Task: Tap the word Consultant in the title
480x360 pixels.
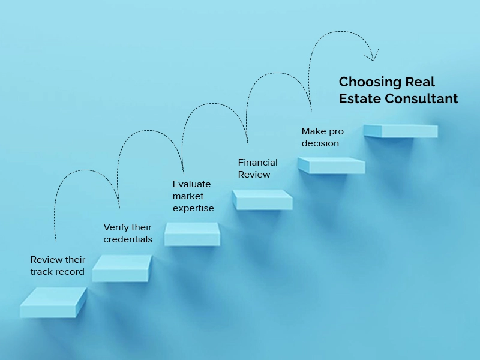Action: [421, 98]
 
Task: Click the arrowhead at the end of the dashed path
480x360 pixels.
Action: [372, 55]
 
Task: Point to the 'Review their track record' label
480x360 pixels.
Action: [58, 266]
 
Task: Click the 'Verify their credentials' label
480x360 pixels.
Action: [128, 233]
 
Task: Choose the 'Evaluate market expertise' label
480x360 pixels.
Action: [193, 196]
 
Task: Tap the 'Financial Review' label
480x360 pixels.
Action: [257, 169]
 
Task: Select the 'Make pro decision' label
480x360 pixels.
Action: [322, 137]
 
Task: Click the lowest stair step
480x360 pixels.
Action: [53, 302]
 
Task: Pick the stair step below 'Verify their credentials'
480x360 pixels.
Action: [122, 268]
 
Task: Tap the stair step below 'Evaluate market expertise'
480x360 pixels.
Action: [192, 234]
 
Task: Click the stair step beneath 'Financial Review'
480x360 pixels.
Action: [262, 200]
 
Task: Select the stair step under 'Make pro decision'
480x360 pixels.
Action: [331, 166]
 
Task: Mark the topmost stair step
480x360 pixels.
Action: [400, 131]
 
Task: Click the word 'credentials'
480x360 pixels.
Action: [128, 239]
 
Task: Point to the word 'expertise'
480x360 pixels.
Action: [193, 208]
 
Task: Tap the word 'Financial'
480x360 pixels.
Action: [257, 162]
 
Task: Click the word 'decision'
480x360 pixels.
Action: [320, 143]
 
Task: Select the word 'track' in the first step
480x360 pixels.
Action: [41, 272]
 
